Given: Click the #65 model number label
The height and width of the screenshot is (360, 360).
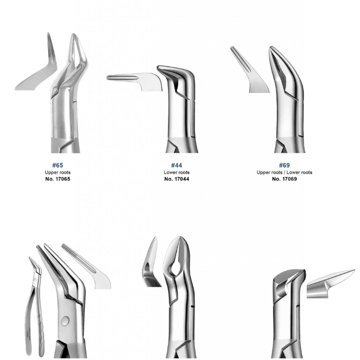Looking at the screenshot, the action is click(58, 165).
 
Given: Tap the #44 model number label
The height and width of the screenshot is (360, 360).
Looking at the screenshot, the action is click(177, 165).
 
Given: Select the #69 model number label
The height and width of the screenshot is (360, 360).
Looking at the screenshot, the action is click(284, 165).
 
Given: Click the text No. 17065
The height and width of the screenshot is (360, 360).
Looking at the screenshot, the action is click(58, 179).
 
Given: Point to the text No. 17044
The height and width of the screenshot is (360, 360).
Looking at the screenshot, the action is click(177, 179).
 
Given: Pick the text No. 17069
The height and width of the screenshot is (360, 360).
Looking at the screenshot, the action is click(284, 179).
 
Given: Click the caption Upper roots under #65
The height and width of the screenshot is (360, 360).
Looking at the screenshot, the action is click(58, 172).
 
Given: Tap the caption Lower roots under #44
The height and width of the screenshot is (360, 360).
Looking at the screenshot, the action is click(177, 172).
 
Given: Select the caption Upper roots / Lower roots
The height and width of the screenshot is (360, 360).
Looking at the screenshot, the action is click(284, 172).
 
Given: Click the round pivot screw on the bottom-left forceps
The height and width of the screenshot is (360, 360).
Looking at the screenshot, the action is click(65, 320).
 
